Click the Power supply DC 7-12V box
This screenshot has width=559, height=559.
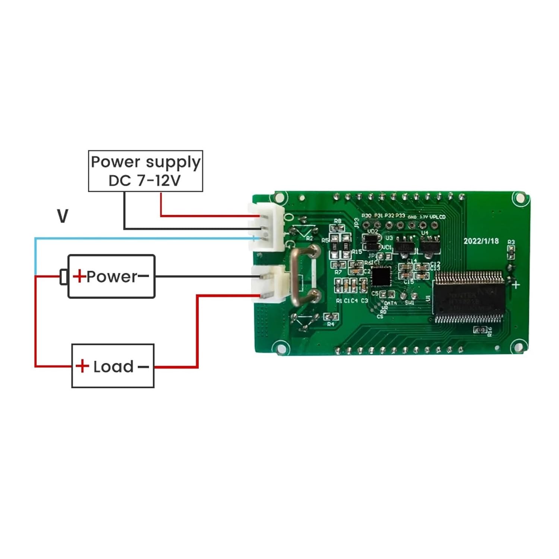145,171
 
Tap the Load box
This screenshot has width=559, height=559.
113,366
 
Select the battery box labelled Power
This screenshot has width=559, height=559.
111,276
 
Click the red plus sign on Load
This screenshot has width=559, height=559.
82,366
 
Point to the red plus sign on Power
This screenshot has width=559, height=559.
79,276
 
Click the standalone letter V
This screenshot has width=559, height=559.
63,216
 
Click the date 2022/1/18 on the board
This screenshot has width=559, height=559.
481,241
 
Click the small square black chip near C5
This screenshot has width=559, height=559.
381,276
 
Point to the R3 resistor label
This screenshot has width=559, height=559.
511,242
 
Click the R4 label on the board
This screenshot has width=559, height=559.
331,324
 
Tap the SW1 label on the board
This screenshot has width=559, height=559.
410,303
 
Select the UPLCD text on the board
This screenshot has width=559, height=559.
438,217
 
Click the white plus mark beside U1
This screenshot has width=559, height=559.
516,285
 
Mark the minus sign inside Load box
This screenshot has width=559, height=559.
143,367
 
